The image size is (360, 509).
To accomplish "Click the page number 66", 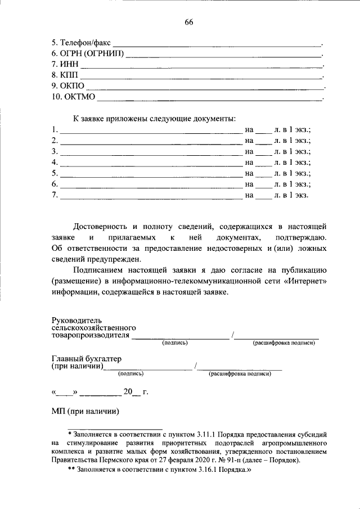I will [x=188, y=22].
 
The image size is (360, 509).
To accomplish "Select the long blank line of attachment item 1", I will [x=151, y=132].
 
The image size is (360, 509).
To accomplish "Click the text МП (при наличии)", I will [x=87, y=412].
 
